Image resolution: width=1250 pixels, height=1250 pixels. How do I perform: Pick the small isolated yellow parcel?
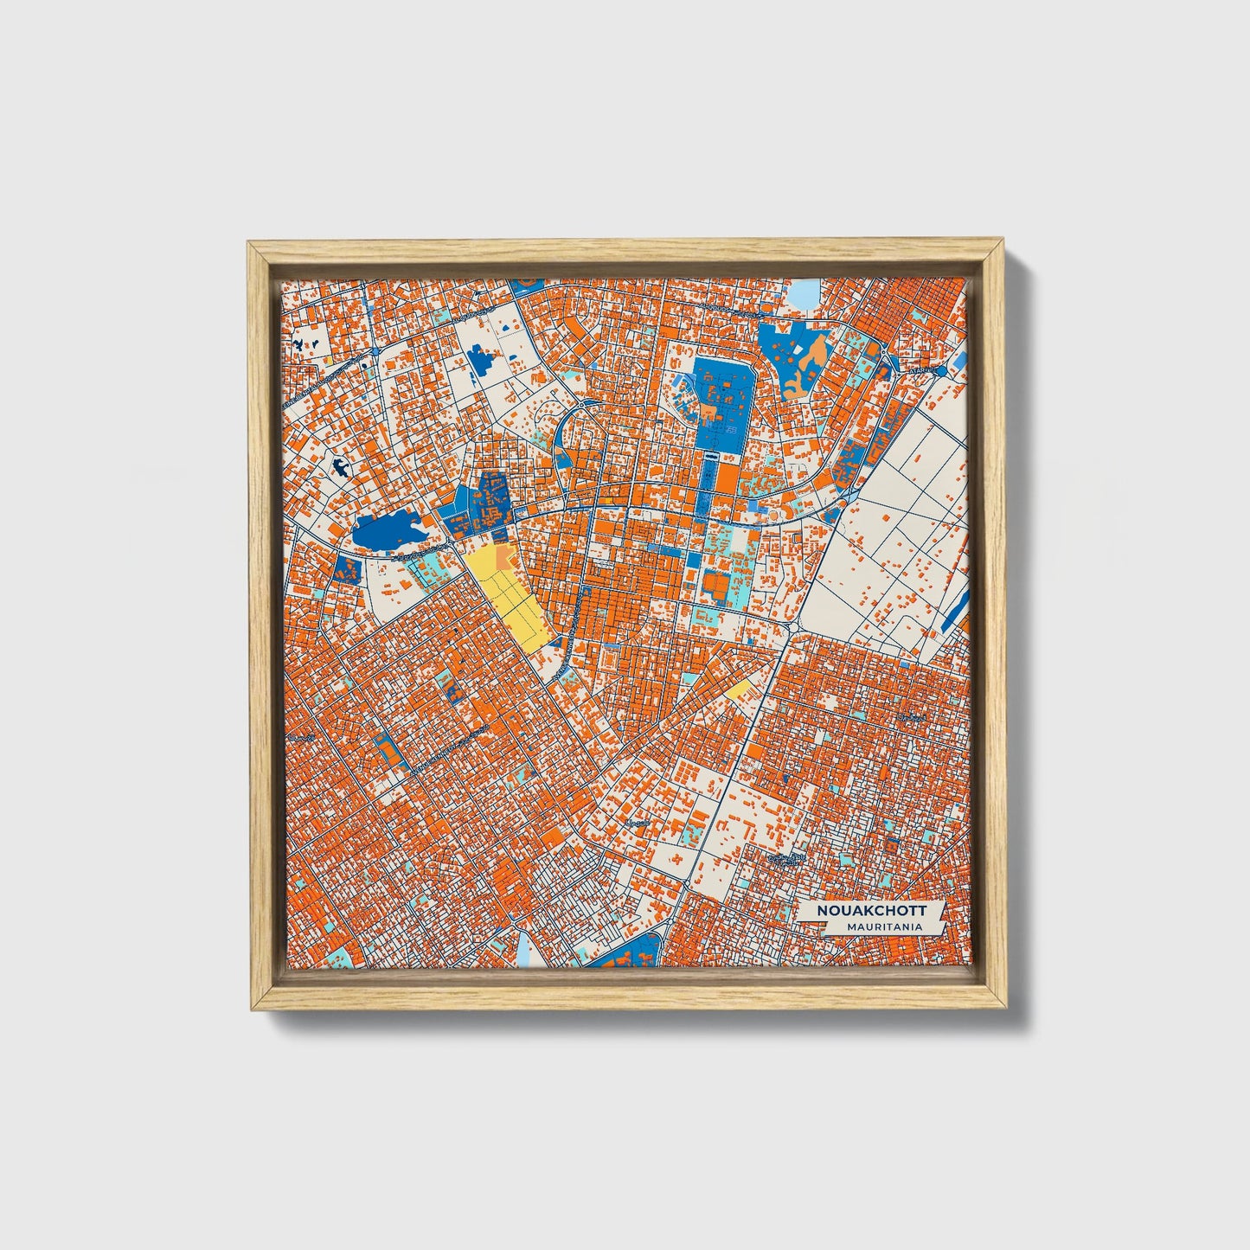pyautogui.click(x=740, y=690)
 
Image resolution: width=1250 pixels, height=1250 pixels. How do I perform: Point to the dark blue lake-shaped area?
pyautogui.click(x=387, y=529)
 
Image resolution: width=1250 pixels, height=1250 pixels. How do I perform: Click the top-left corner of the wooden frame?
pyautogui.click(x=250, y=245)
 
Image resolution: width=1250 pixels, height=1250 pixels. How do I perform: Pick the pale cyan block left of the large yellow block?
pyautogui.click(x=430, y=572)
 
